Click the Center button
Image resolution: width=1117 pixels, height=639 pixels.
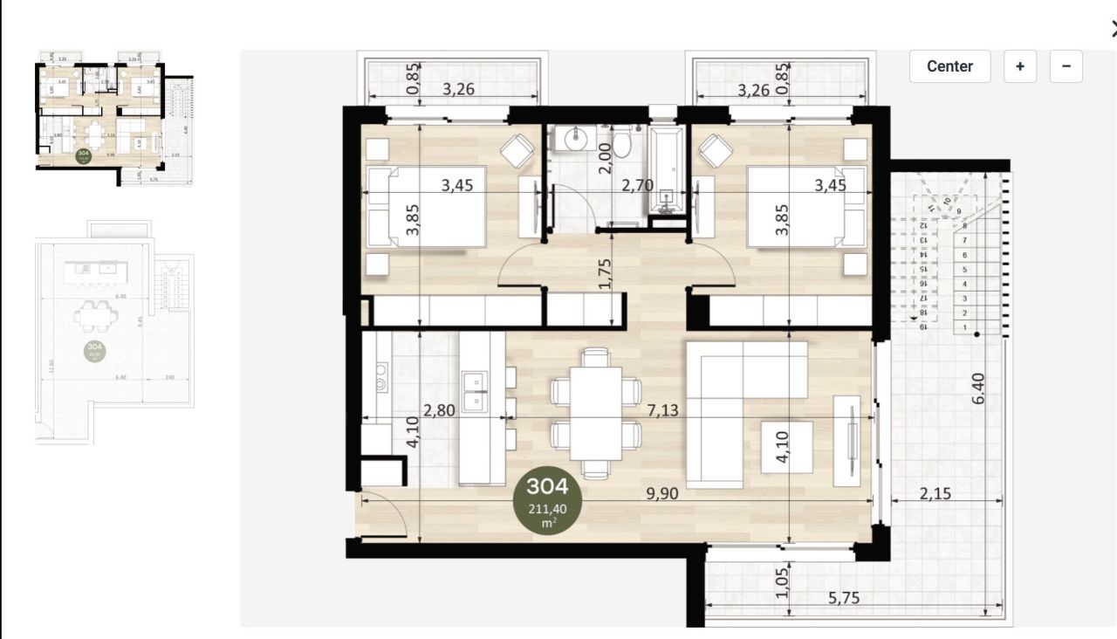tap(949, 66)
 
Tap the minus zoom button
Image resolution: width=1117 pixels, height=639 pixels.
tap(1066, 66)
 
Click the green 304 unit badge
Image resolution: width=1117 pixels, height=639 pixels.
tap(547, 501)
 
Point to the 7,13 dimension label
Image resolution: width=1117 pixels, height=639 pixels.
tap(663, 410)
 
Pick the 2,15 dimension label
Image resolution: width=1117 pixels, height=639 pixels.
tap(935, 493)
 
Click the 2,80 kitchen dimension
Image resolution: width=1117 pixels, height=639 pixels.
tap(439, 410)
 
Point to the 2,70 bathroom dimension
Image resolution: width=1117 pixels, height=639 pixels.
tap(637, 185)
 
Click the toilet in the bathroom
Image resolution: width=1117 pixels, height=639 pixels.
tap(622, 141)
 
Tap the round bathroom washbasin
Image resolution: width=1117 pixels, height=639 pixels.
tap(576, 138)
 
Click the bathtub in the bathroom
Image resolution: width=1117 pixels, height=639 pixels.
tap(668, 170)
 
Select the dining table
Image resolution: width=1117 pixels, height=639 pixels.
tap(596, 412)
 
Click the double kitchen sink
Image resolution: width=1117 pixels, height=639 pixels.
tap(476, 392)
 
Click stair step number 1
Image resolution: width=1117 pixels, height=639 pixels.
tap(965, 327)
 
